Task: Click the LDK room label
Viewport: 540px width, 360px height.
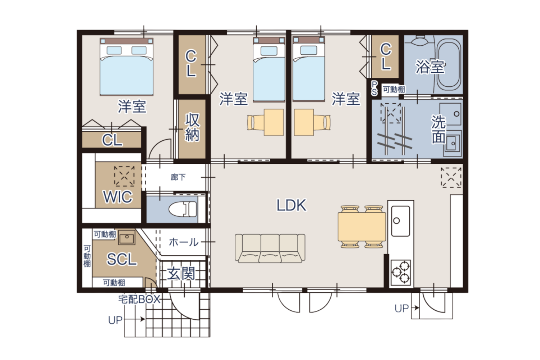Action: click(x=291, y=205)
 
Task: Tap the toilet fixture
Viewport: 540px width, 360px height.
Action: click(x=183, y=209)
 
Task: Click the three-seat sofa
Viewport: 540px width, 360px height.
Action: click(x=270, y=248)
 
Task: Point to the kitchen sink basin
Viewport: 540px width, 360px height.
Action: click(x=400, y=221)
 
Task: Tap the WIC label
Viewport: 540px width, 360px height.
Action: click(x=118, y=197)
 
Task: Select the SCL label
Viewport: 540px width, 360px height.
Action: click(x=122, y=260)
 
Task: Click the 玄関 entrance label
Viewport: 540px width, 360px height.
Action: click(x=181, y=274)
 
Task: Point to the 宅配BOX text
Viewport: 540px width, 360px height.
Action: click(x=139, y=299)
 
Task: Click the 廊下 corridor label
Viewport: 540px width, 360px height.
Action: click(x=178, y=177)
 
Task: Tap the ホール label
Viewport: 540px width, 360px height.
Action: click(x=184, y=242)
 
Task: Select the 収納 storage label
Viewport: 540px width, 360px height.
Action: click(x=192, y=127)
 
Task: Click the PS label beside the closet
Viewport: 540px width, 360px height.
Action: click(x=374, y=88)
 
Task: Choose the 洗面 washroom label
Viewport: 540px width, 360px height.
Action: click(x=438, y=129)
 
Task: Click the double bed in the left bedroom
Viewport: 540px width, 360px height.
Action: click(x=127, y=67)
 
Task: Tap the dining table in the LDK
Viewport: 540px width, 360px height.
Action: click(x=361, y=227)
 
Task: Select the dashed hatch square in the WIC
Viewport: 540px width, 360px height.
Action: click(x=124, y=176)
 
